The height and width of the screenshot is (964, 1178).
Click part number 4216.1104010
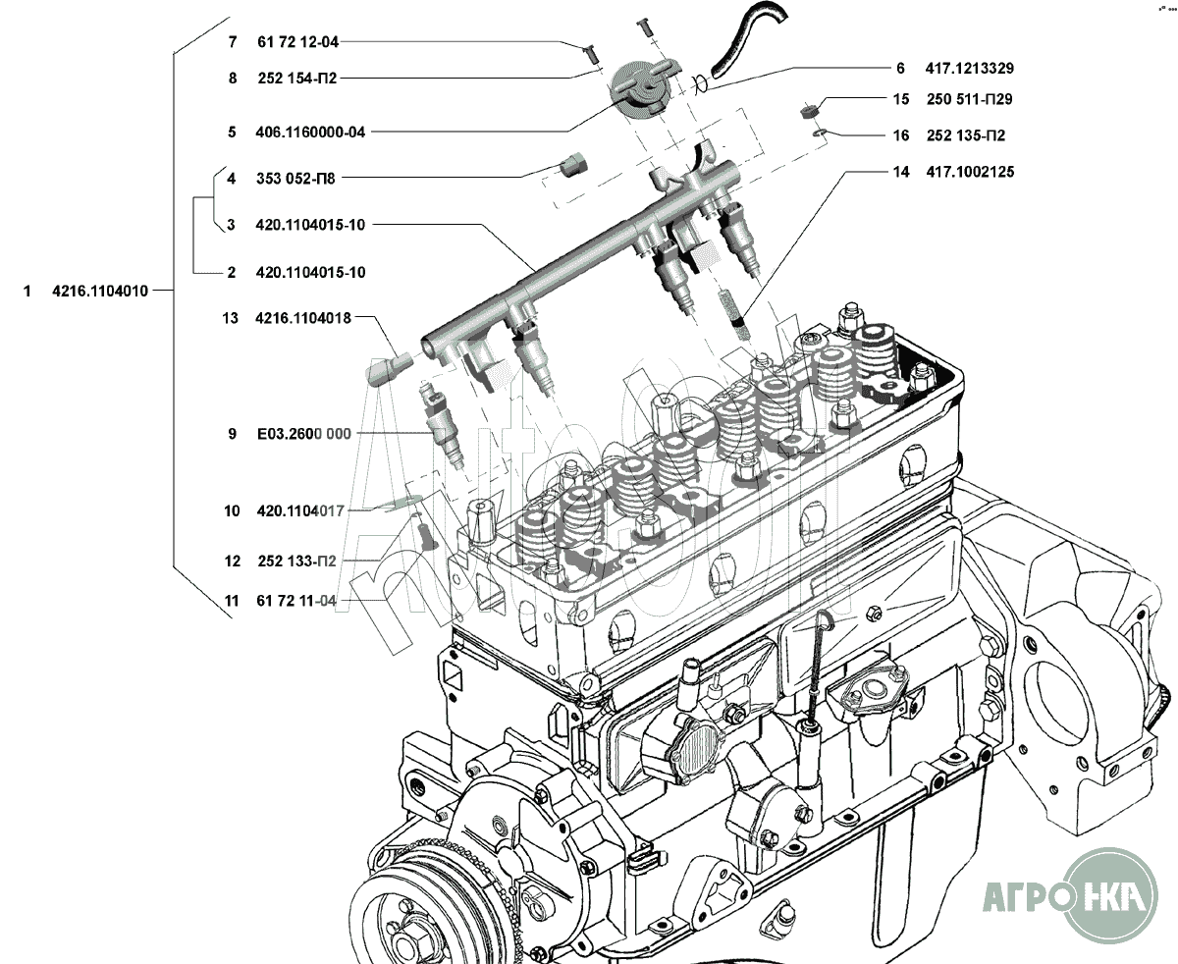tap(100, 291)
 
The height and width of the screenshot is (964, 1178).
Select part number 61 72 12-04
tap(297, 42)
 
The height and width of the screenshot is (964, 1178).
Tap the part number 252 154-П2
tap(297, 79)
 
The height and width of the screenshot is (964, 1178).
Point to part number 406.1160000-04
tap(310, 133)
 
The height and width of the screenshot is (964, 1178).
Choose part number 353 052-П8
tap(295, 179)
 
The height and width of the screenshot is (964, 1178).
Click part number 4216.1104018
tap(303, 318)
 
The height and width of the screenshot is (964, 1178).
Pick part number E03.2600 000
tap(304, 434)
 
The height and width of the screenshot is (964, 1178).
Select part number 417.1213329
tap(970, 68)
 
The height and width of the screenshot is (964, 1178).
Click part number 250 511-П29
tap(970, 99)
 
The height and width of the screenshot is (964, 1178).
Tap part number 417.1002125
tap(970, 172)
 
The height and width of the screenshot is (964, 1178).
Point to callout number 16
tap(901, 135)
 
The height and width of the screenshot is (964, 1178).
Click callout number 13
tap(230, 318)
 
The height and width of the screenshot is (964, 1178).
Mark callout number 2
tap(232, 273)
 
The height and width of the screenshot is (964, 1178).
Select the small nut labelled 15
tap(807, 110)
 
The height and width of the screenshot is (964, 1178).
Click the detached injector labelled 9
tap(444, 427)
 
